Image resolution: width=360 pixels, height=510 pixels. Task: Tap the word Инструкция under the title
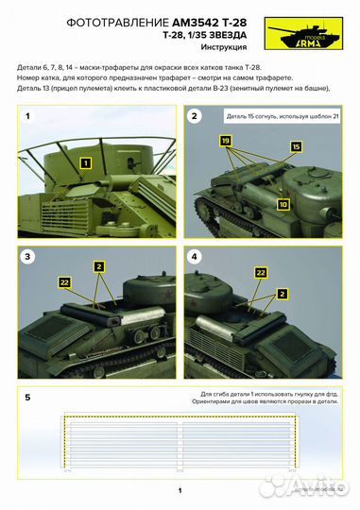[x=226, y=45]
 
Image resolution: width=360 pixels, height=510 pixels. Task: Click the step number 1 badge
[x=28, y=116]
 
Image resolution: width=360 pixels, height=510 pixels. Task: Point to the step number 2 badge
[x=195, y=116]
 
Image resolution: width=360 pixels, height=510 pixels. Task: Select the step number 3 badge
[x=28, y=256]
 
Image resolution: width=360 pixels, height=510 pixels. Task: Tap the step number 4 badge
[x=195, y=256]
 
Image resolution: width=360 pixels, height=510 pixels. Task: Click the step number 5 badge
[x=28, y=398]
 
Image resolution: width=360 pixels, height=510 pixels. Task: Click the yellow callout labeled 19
[x=225, y=140]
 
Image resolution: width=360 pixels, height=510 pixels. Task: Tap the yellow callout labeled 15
[x=295, y=147]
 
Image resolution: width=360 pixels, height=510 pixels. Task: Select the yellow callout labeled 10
[x=283, y=204]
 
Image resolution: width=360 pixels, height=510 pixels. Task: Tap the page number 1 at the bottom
[x=180, y=490]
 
